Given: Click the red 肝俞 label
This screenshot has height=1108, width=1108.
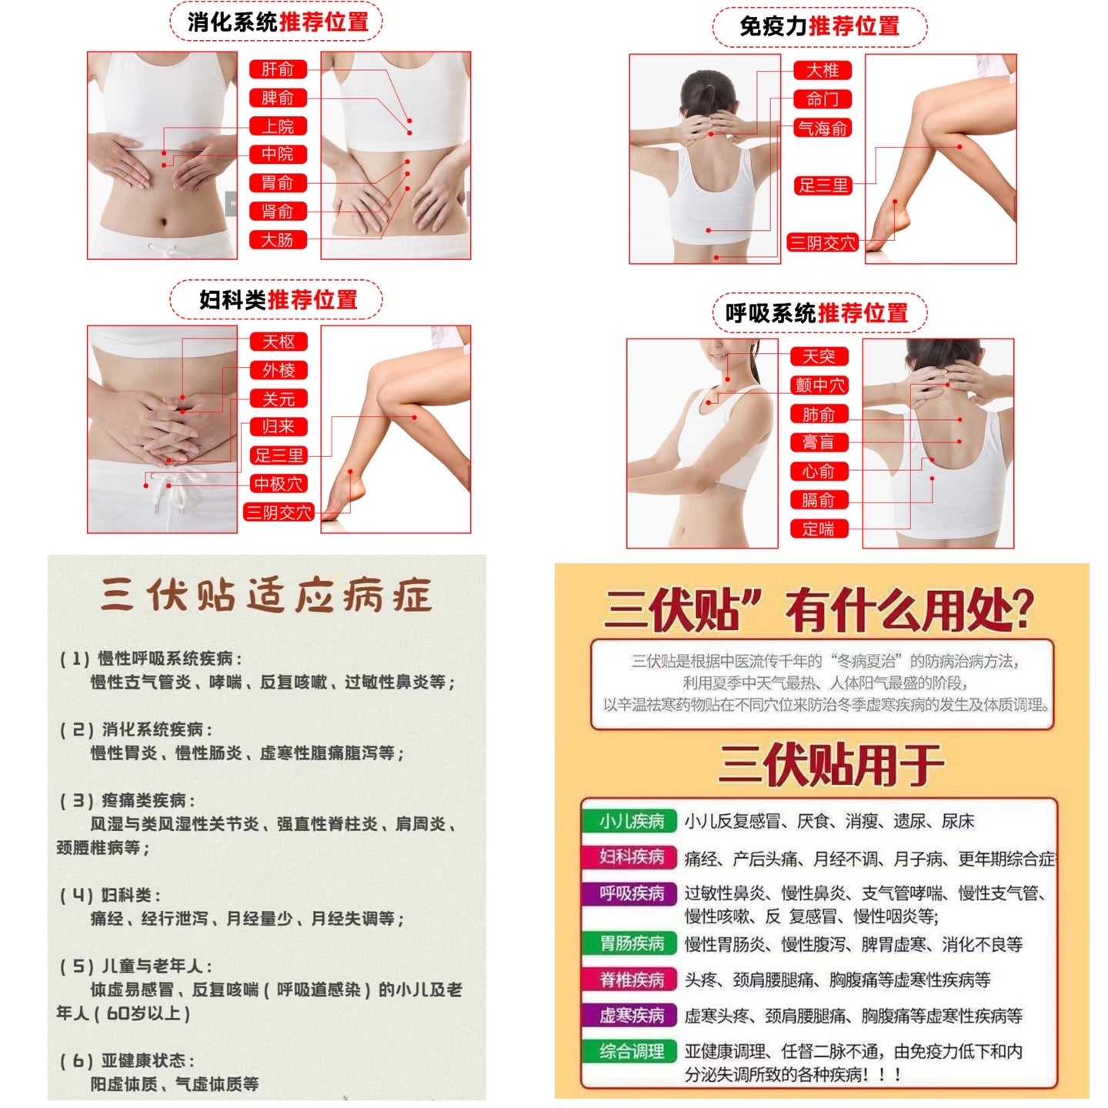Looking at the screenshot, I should point(278,69).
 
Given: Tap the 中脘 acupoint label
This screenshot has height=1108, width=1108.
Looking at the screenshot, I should point(278,154).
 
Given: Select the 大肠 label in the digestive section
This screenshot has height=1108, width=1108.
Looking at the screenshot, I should point(278,239).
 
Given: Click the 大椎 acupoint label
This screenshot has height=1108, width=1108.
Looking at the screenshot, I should point(823,71).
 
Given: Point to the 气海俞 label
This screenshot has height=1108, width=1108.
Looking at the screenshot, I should point(823,128).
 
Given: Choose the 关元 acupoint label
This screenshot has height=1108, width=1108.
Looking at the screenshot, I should point(279,399).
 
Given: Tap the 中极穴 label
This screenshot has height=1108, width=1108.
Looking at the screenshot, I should point(279,484).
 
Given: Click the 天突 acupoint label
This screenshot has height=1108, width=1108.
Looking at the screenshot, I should point(819,356).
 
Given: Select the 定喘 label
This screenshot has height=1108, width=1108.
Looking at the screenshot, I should point(819,529).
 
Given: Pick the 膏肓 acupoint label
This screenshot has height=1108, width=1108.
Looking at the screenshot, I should point(819,442).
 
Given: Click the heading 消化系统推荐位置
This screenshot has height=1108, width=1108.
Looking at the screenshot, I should point(278,22).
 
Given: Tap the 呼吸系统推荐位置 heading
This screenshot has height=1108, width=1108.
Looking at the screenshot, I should point(817,313).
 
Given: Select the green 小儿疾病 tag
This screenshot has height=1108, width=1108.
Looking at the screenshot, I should point(631,821).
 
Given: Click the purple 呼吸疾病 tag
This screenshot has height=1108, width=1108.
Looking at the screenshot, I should point(631,893).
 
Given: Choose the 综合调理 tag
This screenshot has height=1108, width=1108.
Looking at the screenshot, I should point(631,1051).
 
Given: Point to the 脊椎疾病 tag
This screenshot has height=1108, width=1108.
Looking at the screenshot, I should point(631,980).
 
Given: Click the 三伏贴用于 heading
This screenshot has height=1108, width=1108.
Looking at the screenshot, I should point(831,766).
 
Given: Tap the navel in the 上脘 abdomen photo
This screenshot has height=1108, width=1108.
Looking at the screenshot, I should point(162,223).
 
